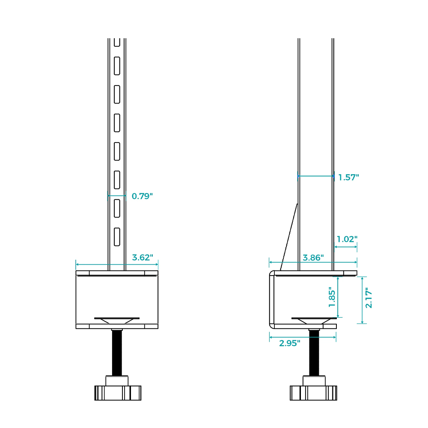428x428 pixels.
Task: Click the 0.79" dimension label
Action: [142, 196]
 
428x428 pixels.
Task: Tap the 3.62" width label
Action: [143, 257]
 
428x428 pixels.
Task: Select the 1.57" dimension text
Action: [348, 178]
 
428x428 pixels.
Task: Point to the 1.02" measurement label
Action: [347, 239]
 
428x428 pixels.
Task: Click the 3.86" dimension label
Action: [313, 258]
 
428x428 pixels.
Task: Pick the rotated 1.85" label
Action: [332, 297]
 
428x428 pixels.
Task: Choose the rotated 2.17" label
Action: [369, 298]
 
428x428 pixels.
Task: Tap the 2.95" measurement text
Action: [289, 343]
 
